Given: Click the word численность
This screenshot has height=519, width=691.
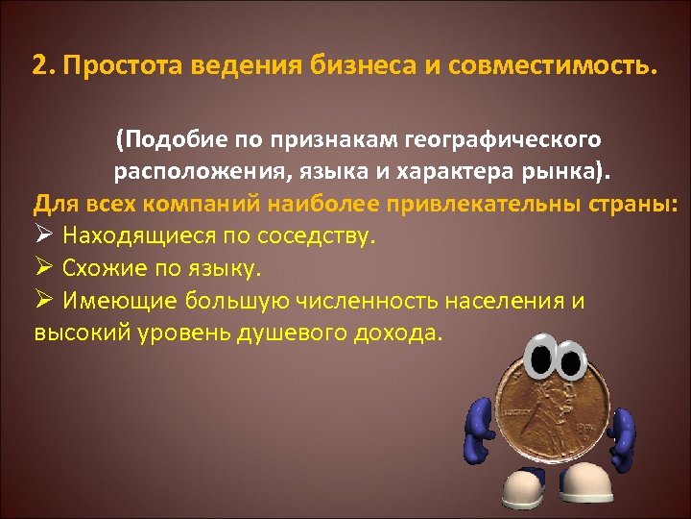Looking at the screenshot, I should pos(364,301).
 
